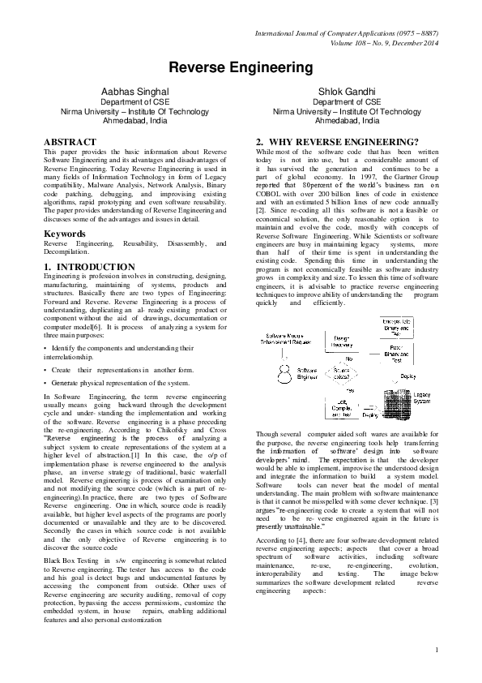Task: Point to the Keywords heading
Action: (64, 233)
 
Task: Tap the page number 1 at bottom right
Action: (437, 650)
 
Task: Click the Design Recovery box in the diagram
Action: (342, 340)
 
